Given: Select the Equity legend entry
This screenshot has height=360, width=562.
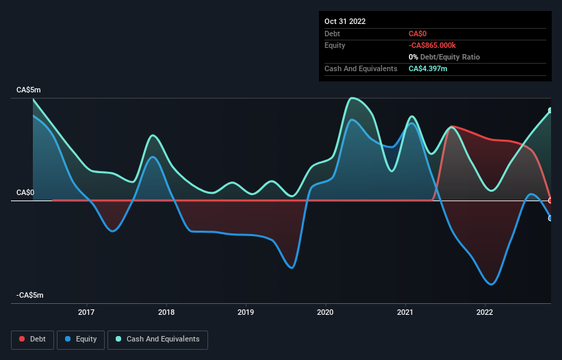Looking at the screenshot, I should pyautogui.click(x=81, y=339).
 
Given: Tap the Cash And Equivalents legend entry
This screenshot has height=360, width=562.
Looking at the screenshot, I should pyautogui.click(x=157, y=339).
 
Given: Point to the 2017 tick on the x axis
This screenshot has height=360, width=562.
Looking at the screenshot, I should pyautogui.click(x=86, y=313).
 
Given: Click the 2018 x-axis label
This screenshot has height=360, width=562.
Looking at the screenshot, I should pyautogui.click(x=166, y=313).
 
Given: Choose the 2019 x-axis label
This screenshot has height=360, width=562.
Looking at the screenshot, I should pyautogui.click(x=246, y=313).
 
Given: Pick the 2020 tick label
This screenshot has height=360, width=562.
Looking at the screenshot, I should pyautogui.click(x=326, y=313).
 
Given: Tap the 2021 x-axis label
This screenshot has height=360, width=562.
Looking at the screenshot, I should pyautogui.click(x=405, y=313).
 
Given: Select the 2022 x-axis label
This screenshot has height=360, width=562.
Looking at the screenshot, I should pyautogui.click(x=485, y=313).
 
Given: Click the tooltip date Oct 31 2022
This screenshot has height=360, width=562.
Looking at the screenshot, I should pyautogui.click(x=345, y=21).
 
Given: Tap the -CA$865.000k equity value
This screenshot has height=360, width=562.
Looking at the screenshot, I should pyautogui.click(x=437, y=45).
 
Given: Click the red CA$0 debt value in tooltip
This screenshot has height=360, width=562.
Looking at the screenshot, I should pyautogui.click(x=418, y=34).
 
